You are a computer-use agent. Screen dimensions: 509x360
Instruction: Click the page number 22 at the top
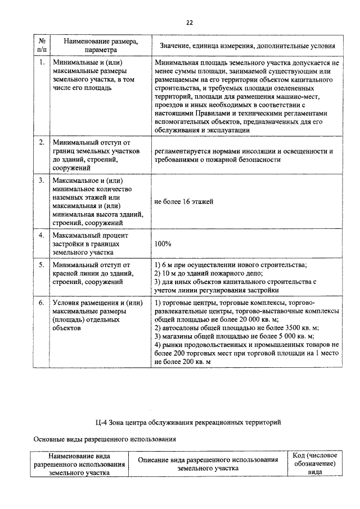tap(190, 22)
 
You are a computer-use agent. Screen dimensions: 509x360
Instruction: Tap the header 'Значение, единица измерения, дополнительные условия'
tap(247, 45)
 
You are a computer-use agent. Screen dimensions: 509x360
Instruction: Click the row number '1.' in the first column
tap(42, 63)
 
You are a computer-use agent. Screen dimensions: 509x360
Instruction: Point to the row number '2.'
tap(42, 143)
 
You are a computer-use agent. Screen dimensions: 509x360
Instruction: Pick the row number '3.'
tap(42, 181)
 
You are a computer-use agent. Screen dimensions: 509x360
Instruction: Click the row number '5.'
tap(42, 264)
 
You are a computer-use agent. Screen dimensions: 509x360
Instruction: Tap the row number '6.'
tap(42, 303)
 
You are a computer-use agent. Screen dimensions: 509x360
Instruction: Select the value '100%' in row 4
tap(163, 244)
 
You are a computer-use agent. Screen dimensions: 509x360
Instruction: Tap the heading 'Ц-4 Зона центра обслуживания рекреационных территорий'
tap(188, 422)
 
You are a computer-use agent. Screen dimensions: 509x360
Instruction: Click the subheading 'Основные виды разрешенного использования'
tap(105, 439)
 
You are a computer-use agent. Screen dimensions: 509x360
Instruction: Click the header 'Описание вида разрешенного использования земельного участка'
tap(208, 463)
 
